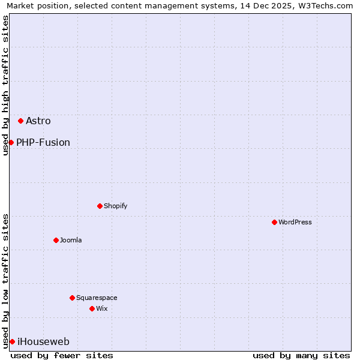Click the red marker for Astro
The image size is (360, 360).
(x=20, y=121)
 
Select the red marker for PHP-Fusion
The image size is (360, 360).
(x=11, y=142)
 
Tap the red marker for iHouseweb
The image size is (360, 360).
(x=12, y=341)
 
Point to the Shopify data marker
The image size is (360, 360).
(x=100, y=206)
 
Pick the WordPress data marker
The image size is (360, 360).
(x=274, y=222)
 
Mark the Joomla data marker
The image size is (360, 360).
(x=56, y=240)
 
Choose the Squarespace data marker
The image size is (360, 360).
(x=72, y=298)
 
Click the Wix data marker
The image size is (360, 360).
(x=92, y=308)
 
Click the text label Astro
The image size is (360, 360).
(x=38, y=121)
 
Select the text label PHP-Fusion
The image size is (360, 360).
(x=43, y=142)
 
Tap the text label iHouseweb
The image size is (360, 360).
(x=43, y=341)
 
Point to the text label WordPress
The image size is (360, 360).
(x=295, y=222)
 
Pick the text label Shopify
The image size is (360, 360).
(x=116, y=206)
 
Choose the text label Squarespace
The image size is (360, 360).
(x=97, y=298)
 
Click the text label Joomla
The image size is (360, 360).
(x=71, y=240)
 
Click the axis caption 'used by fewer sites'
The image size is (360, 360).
(x=62, y=355)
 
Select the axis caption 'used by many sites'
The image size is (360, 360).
(x=301, y=355)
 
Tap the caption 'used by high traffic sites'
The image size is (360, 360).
(x=5, y=85)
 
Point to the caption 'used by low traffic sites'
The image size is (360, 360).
(x=5, y=281)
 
